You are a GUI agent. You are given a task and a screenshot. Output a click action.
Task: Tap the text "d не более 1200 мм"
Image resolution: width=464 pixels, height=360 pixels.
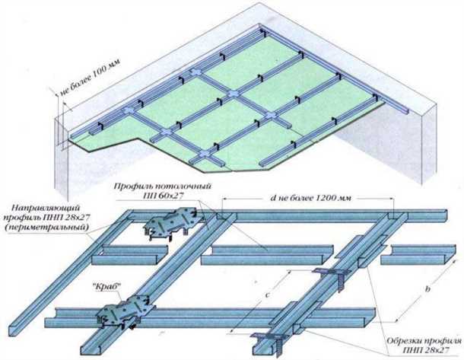coord(310,198)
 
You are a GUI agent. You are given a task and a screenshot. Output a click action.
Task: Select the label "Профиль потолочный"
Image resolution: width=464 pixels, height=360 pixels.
coord(163,186)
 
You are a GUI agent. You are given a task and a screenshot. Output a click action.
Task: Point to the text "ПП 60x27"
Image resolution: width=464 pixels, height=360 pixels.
coord(163,196)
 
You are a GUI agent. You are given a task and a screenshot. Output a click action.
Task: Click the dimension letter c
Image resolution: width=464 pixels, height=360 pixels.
coord(267,295)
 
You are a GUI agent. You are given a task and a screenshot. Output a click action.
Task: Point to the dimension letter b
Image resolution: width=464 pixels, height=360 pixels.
coord(427,289)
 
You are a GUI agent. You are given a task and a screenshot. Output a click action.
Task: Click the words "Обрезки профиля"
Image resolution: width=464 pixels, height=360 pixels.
coord(424,341)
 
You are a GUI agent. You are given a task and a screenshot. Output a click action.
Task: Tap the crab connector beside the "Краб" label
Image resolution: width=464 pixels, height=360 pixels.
coord(125,311)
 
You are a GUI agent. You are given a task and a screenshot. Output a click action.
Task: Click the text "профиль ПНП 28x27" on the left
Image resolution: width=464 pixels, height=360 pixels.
coord(46,217)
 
